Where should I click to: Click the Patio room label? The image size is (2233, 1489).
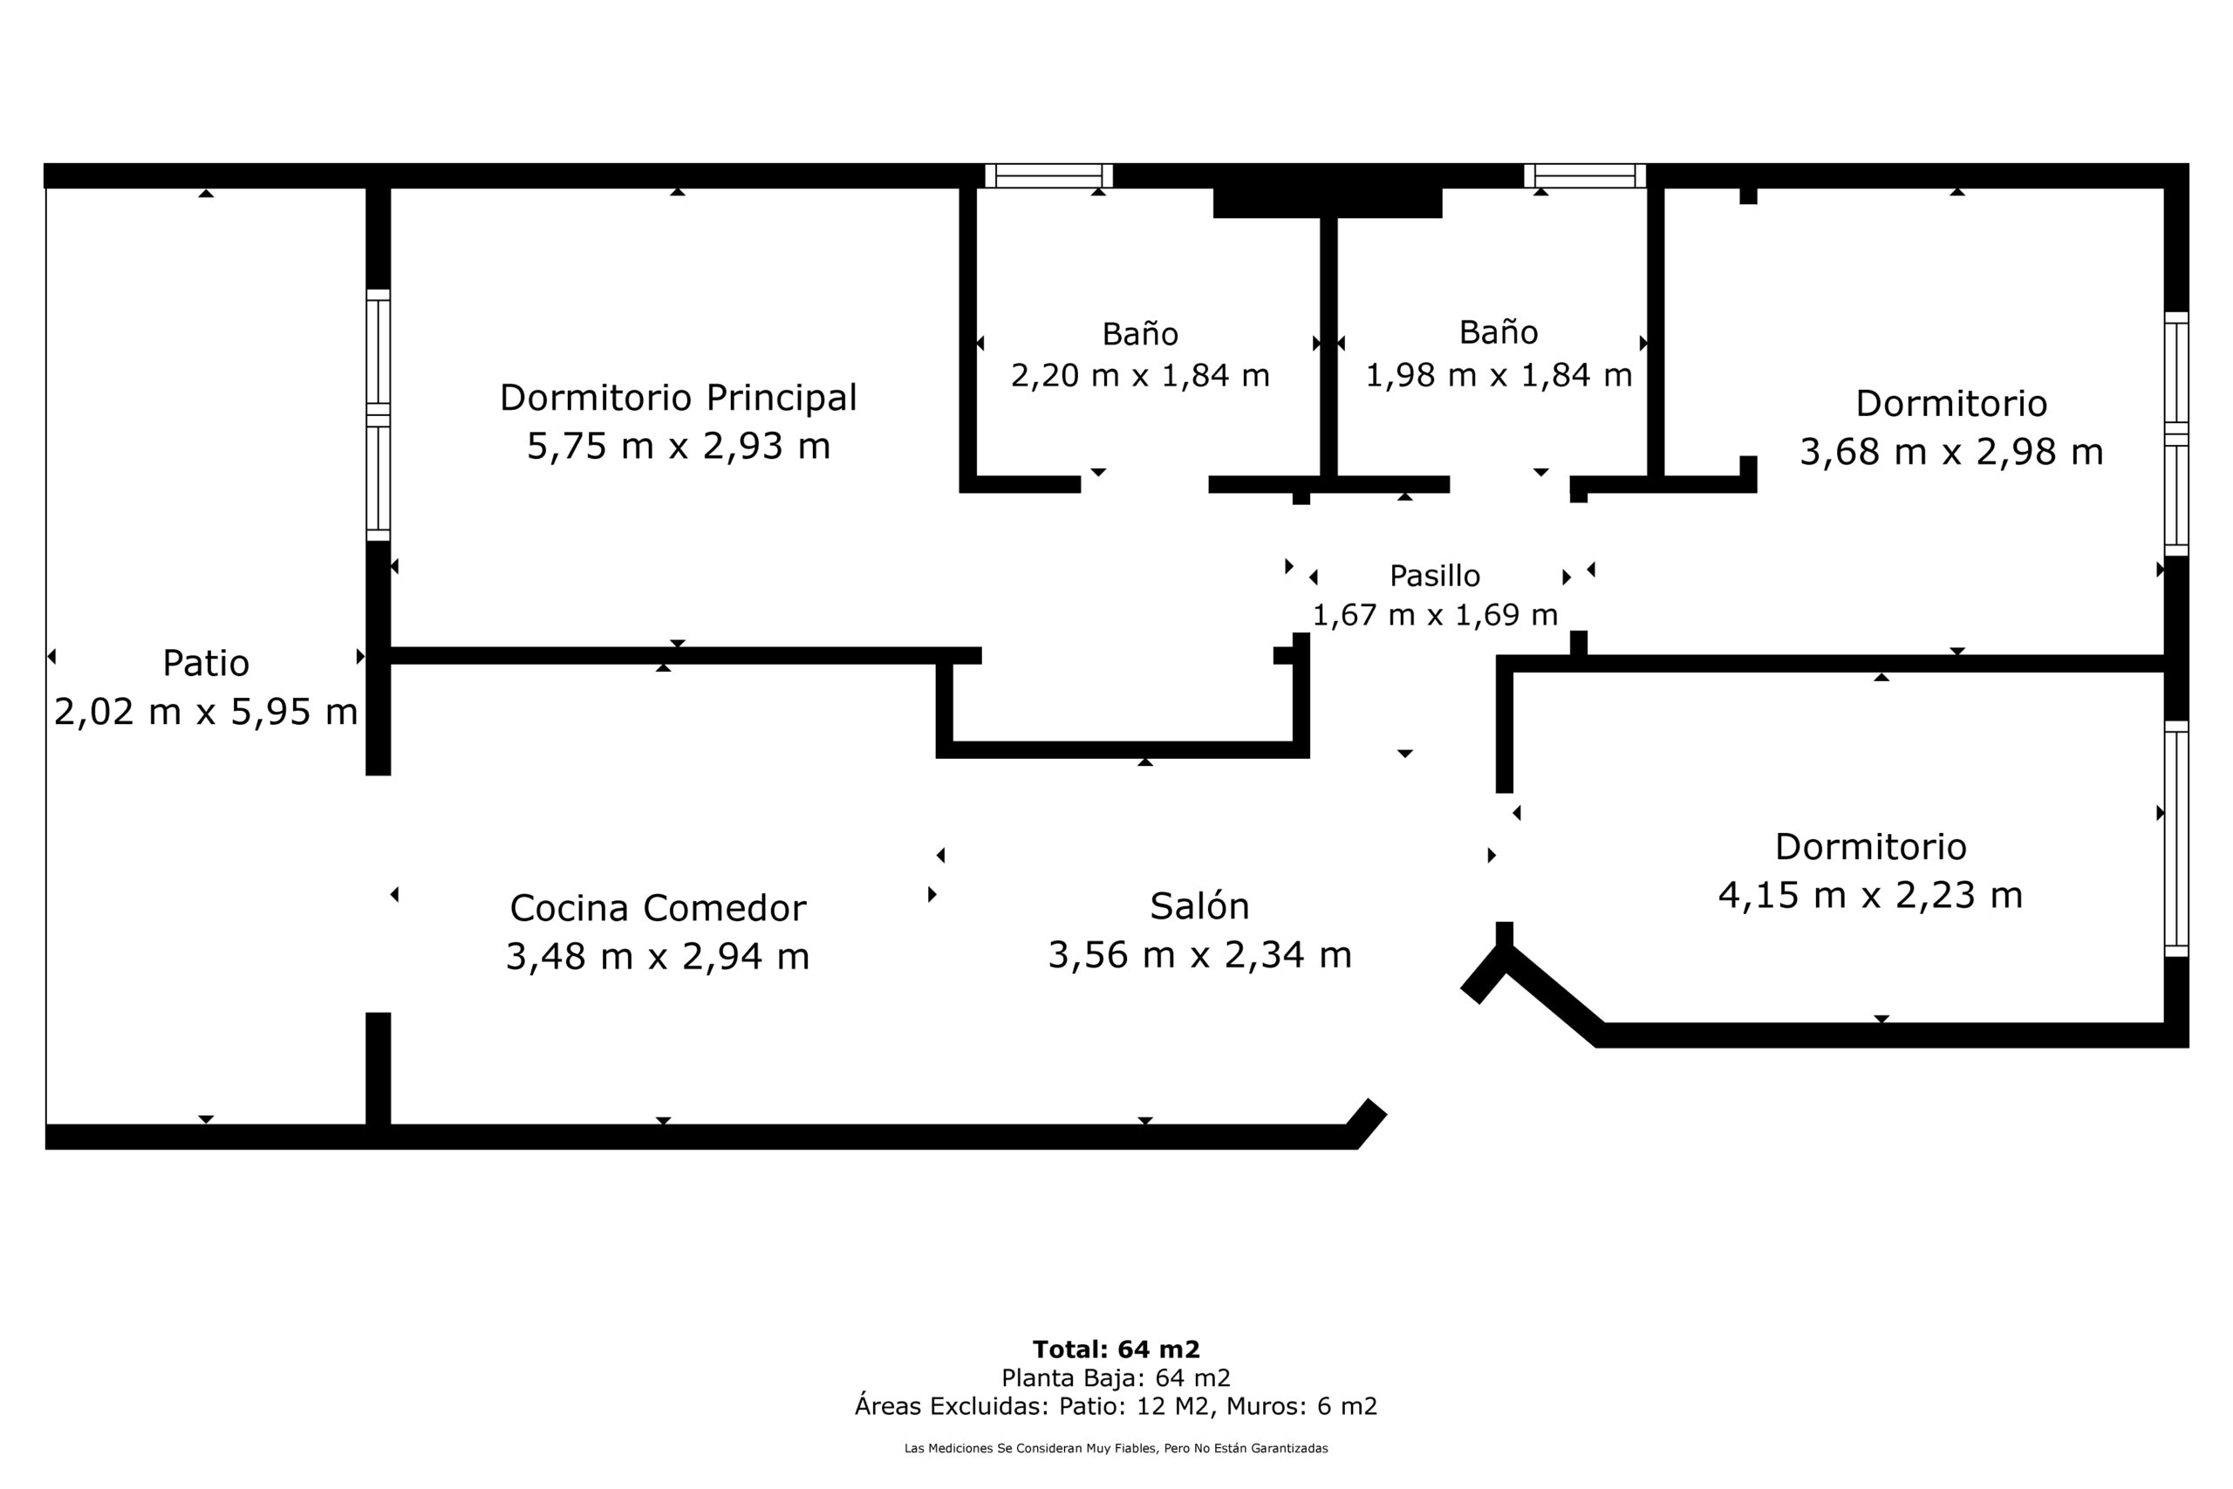(x=206, y=663)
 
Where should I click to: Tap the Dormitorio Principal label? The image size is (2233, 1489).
(x=678, y=398)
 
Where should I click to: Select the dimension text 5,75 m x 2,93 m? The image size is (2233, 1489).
(x=678, y=446)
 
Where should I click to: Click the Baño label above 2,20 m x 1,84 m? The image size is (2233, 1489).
(x=1139, y=333)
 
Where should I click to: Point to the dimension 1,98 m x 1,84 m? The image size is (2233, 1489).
(x=1499, y=375)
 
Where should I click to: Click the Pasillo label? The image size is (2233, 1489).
(x=1435, y=576)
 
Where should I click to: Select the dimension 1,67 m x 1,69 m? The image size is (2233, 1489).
(x=1435, y=615)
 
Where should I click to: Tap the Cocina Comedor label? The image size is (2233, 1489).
(x=657, y=908)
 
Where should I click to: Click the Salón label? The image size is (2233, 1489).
(x=1199, y=906)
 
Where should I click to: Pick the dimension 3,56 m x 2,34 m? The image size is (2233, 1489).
(x=1199, y=954)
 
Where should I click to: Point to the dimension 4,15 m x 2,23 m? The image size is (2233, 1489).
(x=1869, y=895)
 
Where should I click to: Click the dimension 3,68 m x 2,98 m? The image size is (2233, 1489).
(x=1951, y=451)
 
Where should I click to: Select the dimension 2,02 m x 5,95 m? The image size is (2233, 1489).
(x=206, y=711)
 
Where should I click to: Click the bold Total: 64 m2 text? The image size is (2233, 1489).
(x=1116, y=1349)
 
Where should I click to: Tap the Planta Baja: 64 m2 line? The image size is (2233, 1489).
(x=1116, y=1378)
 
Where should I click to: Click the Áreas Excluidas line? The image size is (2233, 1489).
(x=1116, y=1406)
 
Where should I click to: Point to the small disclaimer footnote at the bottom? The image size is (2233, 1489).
(x=1116, y=1448)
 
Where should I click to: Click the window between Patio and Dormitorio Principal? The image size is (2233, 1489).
(x=378, y=415)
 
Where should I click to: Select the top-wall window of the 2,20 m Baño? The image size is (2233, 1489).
(x=1048, y=175)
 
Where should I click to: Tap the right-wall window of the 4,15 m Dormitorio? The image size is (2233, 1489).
(x=2176, y=838)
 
